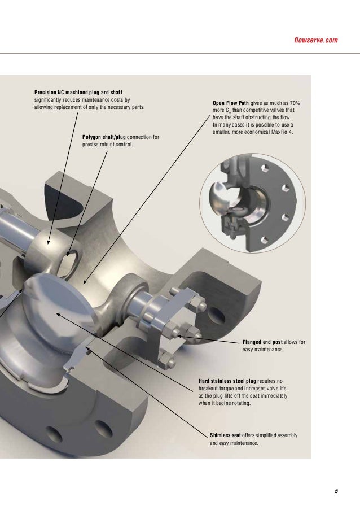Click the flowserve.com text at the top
coord(316,40)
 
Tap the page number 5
coord(336,491)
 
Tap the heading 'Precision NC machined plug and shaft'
coord(78,92)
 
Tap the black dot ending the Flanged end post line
coord(177,336)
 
